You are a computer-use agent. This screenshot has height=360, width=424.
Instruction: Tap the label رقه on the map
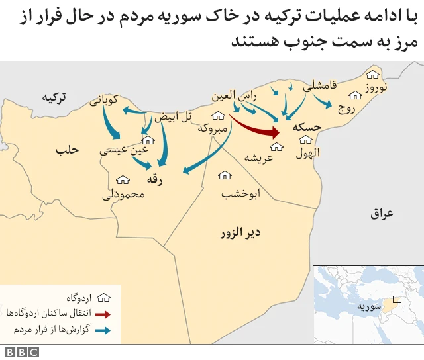coord(156,178)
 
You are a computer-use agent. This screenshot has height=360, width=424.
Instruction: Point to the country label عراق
coord(382,214)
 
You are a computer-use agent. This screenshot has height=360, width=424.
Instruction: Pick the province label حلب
coord(68,150)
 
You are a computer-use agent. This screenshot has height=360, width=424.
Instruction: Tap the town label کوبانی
coord(105,100)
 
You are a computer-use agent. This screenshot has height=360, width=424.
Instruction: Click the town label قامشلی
coord(321,85)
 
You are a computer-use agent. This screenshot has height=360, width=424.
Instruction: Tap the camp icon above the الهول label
coord(306,140)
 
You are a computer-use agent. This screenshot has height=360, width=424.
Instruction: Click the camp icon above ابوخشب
coord(225,175)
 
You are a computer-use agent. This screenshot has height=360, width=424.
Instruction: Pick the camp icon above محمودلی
coord(123,179)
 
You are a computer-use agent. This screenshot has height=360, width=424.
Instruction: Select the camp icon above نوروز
coord(373,75)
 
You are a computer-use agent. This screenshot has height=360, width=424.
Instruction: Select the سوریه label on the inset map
coord(368,307)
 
